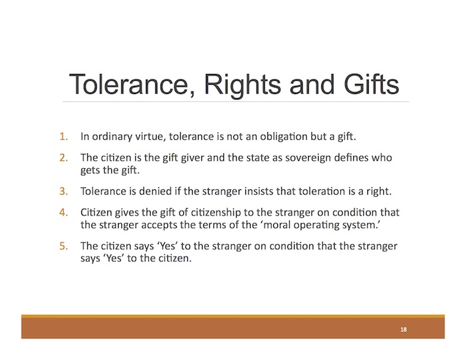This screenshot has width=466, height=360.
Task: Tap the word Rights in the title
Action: click(242, 85)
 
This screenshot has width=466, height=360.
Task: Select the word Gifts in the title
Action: click(371, 84)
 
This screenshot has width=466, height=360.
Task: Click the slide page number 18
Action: click(403, 329)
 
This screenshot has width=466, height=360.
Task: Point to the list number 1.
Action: click(63, 137)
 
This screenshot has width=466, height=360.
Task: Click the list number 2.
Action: click(63, 157)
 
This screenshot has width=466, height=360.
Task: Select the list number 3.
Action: click(63, 191)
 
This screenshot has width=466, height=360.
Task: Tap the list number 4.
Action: click(63, 213)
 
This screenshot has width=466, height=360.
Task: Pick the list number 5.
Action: click(63, 246)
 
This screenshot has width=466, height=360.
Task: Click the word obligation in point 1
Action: click(284, 137)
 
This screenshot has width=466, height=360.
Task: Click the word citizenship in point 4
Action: click(215, 212)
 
